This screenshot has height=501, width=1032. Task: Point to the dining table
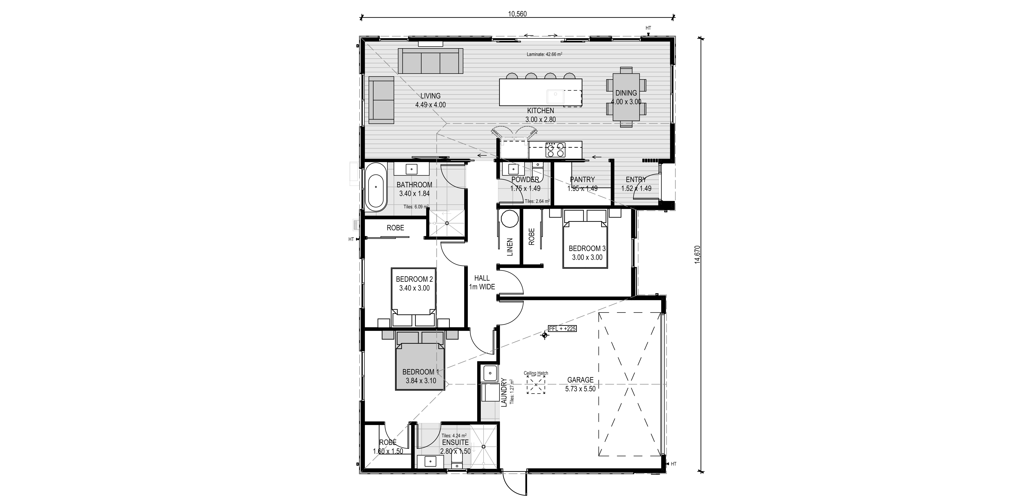(626, 97)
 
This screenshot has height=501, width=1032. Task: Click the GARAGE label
(580, 380)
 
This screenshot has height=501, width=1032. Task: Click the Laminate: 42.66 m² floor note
(544, 54)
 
